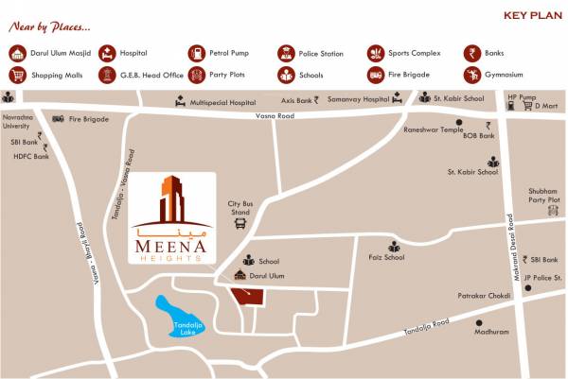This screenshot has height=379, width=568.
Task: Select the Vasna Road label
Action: tap(275, 116)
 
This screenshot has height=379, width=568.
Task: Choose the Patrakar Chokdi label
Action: tap(485, 296)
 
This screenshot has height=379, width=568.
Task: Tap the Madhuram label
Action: tap(491, 332)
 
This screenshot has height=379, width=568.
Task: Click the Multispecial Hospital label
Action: tap(223, 101)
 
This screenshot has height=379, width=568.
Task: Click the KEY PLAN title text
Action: tap(527, 15)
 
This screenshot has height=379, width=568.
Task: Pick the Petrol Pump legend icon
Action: tap(197, 54)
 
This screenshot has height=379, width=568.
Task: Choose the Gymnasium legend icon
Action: tap(471, 75)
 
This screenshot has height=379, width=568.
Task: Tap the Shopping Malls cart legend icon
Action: tap(17, 75)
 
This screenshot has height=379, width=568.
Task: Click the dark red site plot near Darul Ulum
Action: tap(250, 297)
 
